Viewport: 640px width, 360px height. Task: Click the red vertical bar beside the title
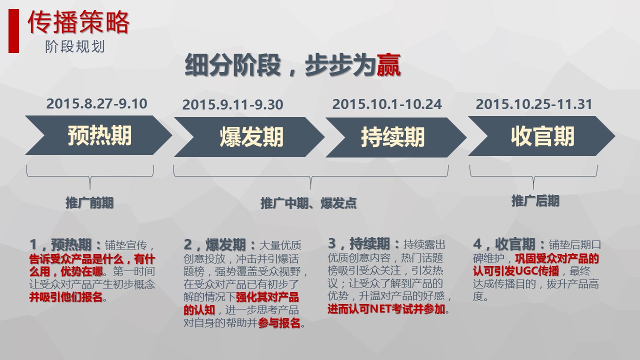13,31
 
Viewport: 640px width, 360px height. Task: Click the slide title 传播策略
78,22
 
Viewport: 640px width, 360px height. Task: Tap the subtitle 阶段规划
75,46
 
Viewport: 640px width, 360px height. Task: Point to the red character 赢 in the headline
388,65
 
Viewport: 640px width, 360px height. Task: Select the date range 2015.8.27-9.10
97,103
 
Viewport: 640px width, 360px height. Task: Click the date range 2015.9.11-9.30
233,104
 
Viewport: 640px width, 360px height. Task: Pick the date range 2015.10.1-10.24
387,104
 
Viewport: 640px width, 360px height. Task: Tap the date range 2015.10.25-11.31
534,104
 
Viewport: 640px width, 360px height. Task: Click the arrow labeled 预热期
98,135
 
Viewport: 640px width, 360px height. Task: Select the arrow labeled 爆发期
249,137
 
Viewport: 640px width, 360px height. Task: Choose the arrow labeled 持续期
396,137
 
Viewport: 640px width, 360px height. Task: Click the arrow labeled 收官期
541,136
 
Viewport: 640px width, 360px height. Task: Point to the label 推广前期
89,203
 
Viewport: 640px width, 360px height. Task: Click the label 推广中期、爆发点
308,203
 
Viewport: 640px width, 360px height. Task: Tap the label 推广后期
535,201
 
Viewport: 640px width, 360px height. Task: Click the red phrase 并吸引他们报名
66,297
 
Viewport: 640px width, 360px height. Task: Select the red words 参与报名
279,323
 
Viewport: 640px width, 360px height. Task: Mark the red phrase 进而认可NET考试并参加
386,309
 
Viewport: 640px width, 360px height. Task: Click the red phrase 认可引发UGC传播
516,271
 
